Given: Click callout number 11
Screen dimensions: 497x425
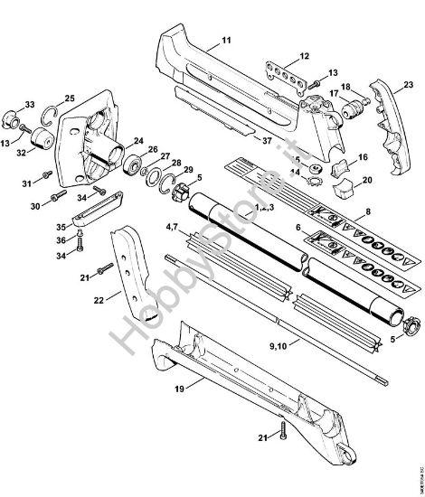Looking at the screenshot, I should [x=226, y=42].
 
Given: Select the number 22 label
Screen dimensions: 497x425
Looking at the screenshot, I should [x=100, y=295].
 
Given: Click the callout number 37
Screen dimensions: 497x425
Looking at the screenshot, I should [x=266, y=141].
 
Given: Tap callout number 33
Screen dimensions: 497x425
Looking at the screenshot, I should [x=30, y=104].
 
